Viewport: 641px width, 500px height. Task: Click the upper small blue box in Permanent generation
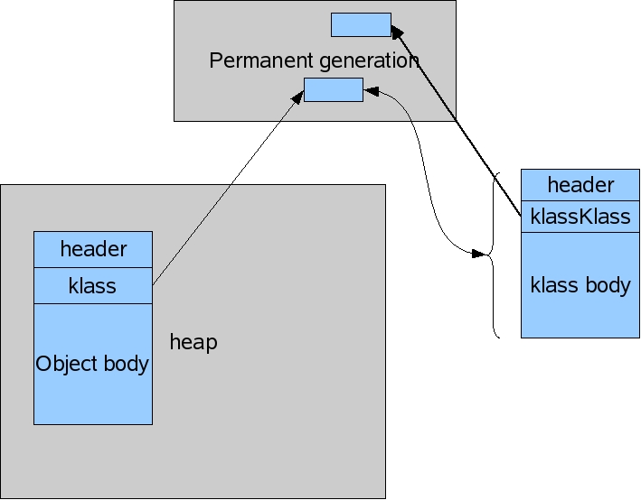[x=361, y=24]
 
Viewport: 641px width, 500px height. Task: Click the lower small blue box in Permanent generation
[x=333, y=89]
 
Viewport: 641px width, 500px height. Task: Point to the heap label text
[x=193, y=343]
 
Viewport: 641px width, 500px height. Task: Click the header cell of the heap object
[x=93, y=249]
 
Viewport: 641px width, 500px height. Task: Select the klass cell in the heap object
[x=93, y=286]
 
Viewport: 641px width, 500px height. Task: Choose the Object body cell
[x=93, y=364]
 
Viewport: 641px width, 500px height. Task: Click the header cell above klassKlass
[x=580, y=185]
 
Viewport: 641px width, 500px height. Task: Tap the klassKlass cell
[x=580, y=217]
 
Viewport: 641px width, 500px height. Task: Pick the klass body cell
[x=580, y=285]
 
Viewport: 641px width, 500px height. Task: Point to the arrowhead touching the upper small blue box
[x=397, y=31]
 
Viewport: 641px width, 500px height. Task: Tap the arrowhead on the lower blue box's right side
[x=371, y=90]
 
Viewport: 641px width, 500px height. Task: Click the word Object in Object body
[x=65, y=364]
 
